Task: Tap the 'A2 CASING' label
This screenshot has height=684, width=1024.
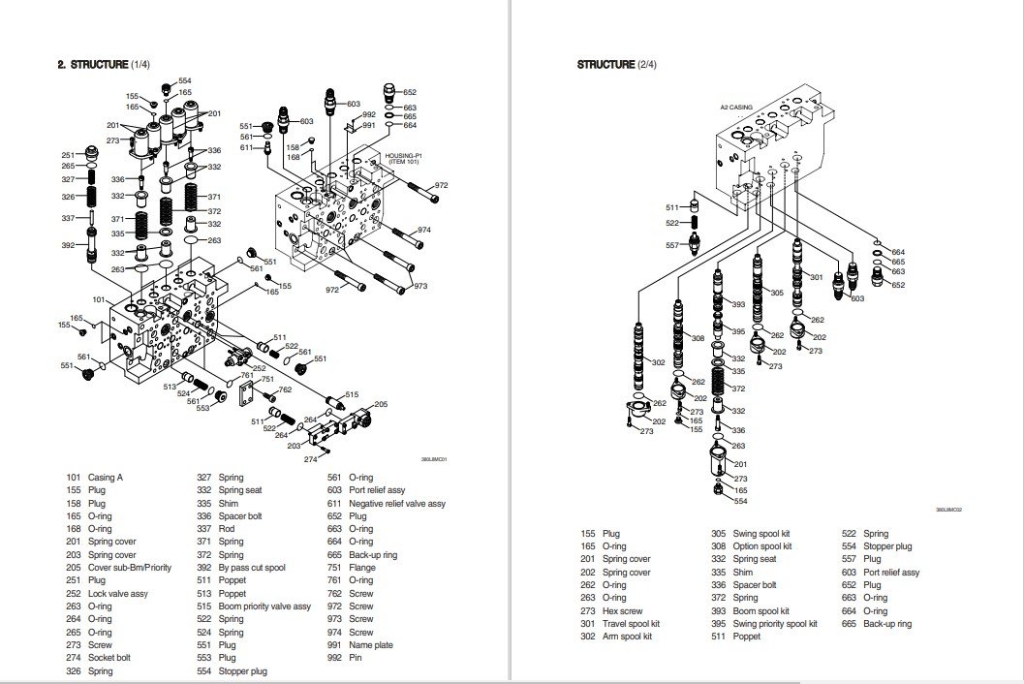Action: point(736,108)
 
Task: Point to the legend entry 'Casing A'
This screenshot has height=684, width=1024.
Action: point(106,478)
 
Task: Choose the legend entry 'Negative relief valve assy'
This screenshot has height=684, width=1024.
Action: point(397,504)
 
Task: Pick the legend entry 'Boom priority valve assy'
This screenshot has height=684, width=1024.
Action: point(264,606)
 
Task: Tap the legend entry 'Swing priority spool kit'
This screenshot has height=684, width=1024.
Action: point(775,624)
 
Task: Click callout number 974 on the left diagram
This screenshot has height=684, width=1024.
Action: point(423,230)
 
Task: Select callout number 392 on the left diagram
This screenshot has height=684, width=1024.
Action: point(68,245)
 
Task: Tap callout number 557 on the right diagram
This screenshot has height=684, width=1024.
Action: point(672,245)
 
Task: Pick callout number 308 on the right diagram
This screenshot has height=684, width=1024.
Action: point(698,338)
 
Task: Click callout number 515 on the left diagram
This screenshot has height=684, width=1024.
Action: point(351,394)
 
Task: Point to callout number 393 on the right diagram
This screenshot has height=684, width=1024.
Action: point(738,304)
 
